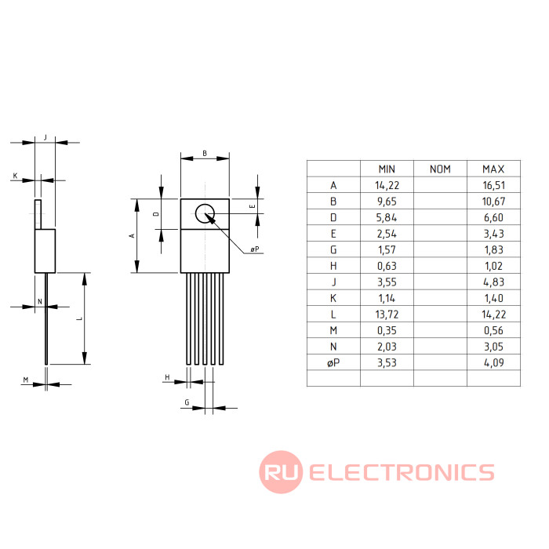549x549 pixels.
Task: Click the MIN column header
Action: (x=387, y=169)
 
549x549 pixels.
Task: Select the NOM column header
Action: (x=441, y=169)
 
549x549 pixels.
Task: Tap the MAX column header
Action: (x=493, y=169)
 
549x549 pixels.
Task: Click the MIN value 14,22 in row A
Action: (x=387, y=186)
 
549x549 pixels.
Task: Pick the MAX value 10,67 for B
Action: (x=493, y=201)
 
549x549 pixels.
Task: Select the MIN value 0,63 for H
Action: (x=387, y=266)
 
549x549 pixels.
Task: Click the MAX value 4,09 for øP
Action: (x=493, y=362)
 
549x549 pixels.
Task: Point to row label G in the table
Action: (x=333, y=249)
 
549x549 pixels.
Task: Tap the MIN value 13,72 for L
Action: (x=387, y=314)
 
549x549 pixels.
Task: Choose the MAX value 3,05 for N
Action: (x=493, y=346)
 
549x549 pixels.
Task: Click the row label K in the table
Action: (x=333, y=298)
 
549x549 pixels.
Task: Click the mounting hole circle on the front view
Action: (x=205, y=213)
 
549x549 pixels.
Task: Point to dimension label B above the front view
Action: (x=205, y=154)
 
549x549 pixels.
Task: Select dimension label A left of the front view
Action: (x=133, y=235)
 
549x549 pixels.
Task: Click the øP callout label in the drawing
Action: (x=255, y=249)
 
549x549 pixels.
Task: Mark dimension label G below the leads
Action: (x=187, y=402)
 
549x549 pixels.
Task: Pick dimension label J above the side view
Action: (x=45, y=137)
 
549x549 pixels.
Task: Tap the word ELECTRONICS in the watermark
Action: (x=402, y=472)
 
